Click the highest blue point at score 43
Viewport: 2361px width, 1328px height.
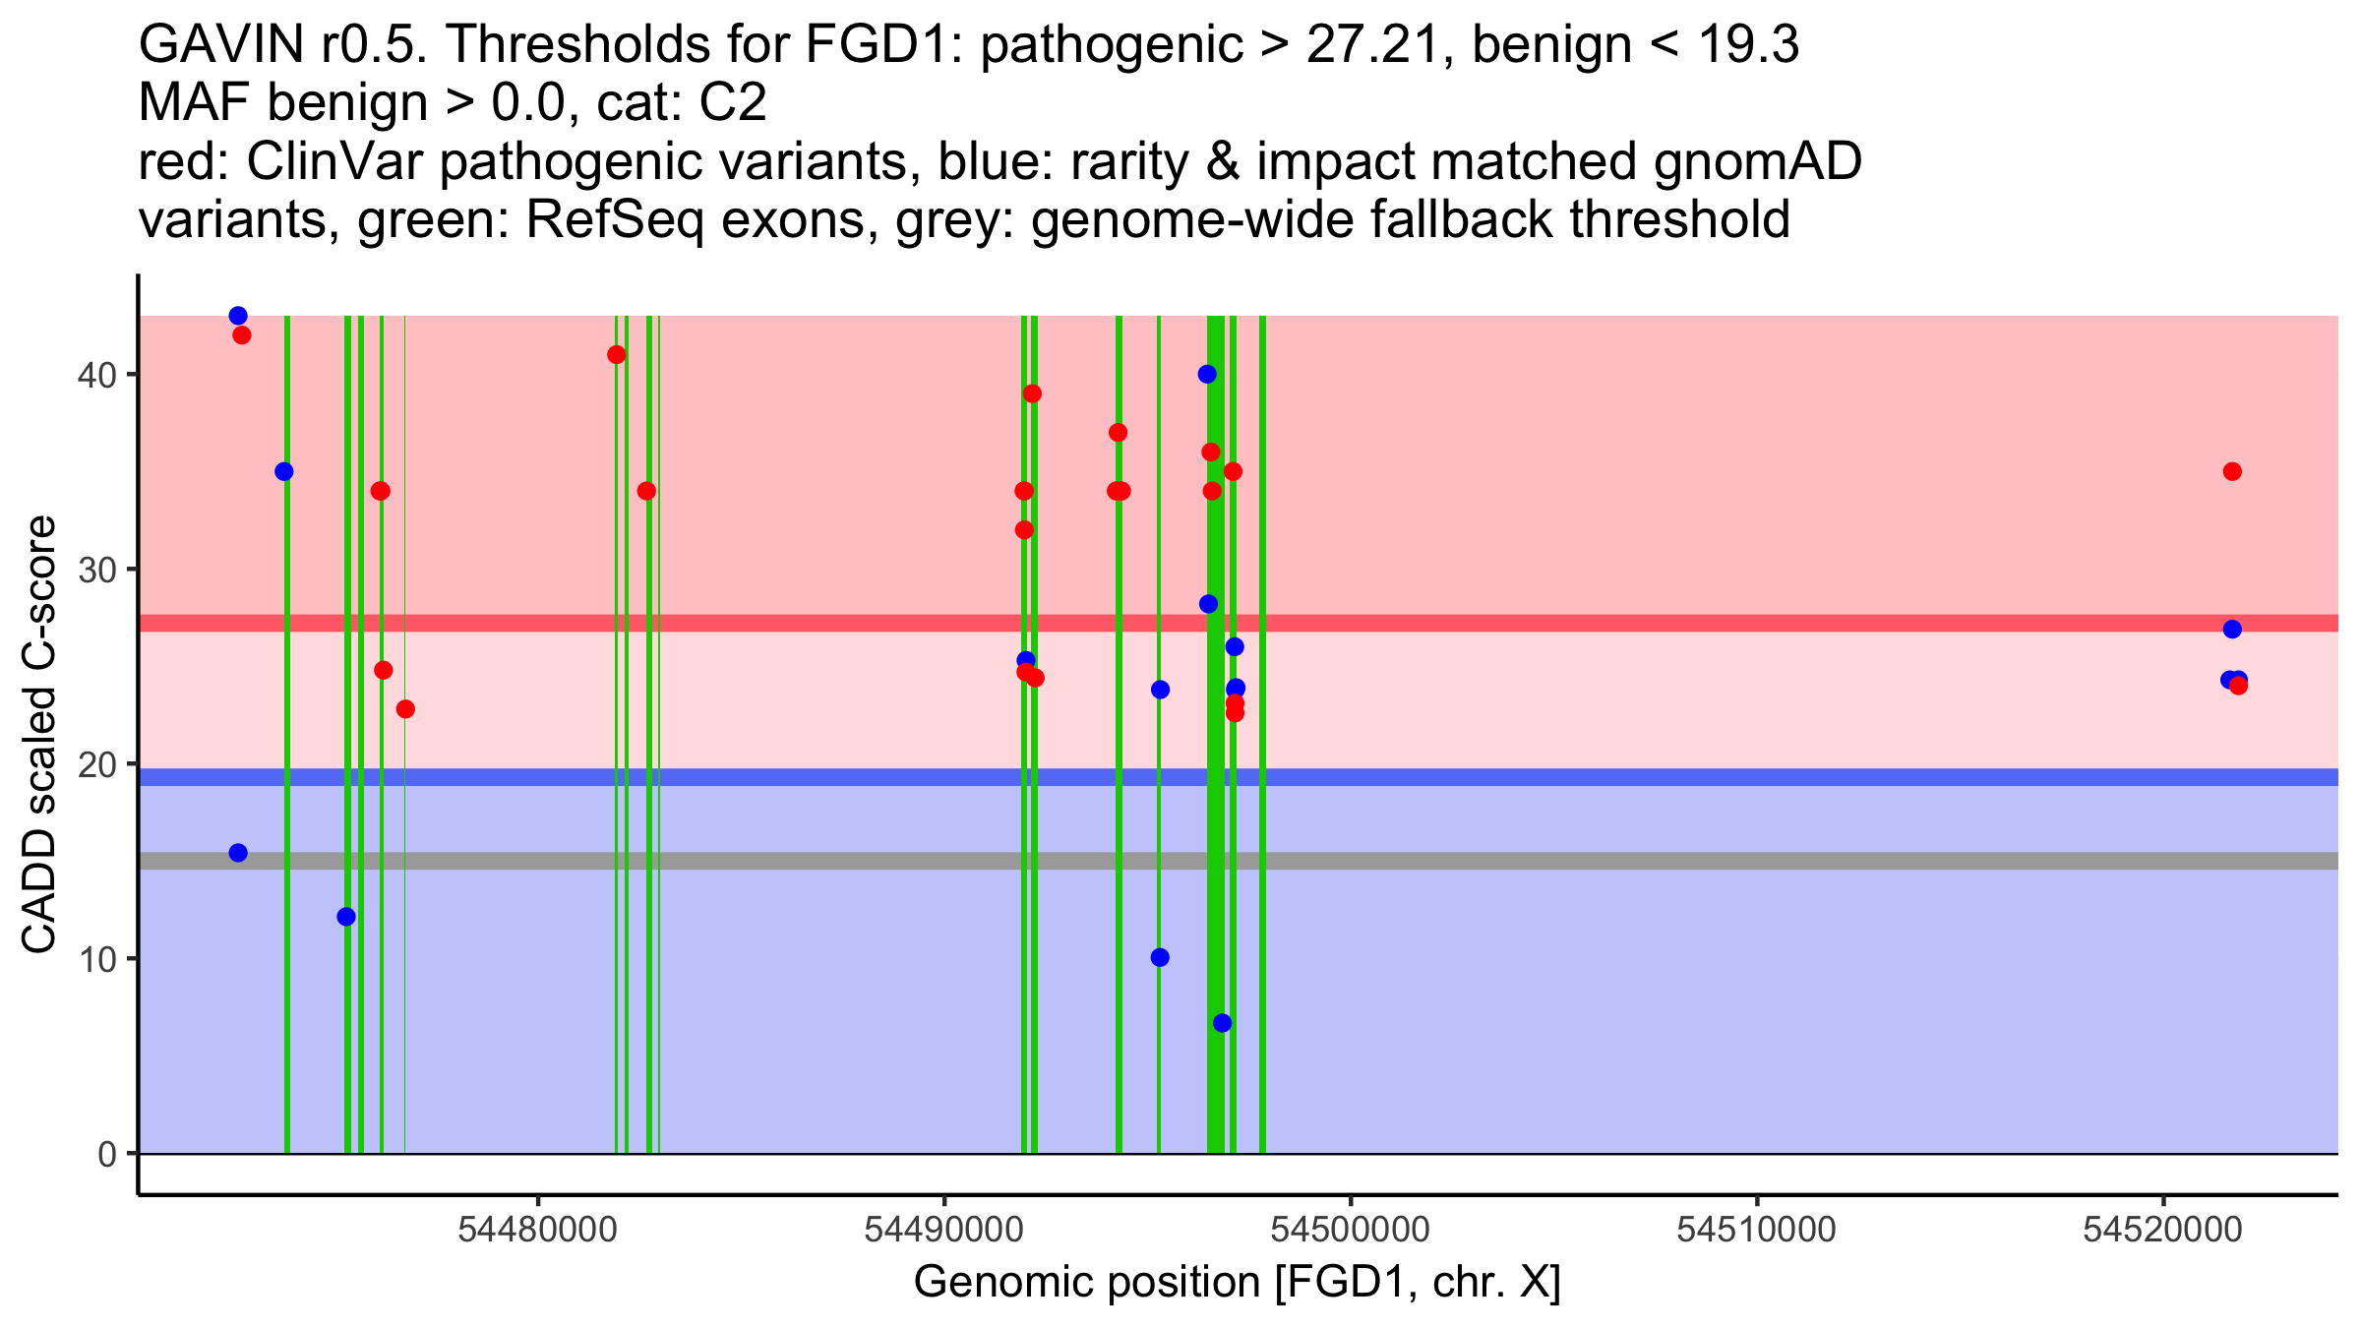(238, 316)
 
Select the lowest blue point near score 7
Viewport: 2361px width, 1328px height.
(1222, 1023)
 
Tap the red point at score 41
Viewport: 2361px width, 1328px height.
(617, 355)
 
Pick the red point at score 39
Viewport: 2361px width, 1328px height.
(1032, 393)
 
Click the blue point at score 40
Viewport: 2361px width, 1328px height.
(1207, 374)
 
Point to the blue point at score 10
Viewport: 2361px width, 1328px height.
(1160, 957)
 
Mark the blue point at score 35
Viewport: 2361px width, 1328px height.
(284, 471)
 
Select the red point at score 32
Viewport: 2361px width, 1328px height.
(1024, 530)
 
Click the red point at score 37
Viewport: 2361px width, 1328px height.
(1118, 433)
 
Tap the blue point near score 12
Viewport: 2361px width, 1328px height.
(346, 917)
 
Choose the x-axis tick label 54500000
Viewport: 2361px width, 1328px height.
(1351, 1230)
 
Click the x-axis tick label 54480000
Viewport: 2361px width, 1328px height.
(538, 1230)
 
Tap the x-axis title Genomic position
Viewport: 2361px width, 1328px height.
(1237, 1283)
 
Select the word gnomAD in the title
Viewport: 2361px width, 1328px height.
(1757, 162)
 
